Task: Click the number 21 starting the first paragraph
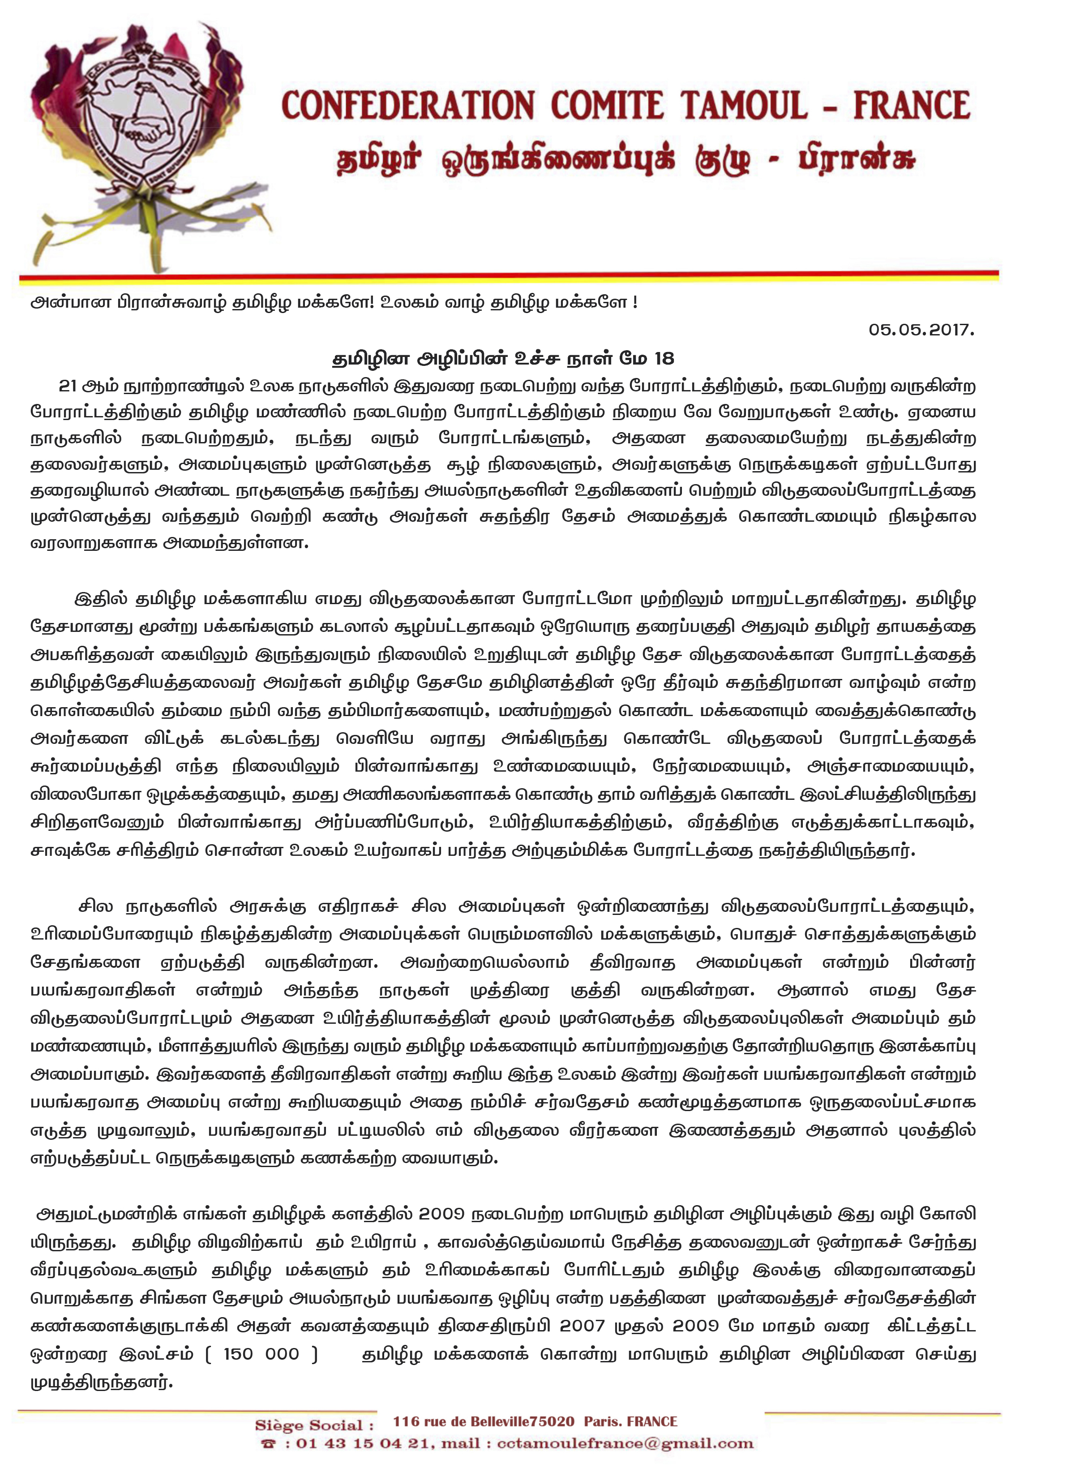tap(68, 386)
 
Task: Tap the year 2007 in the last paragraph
tap(582, 1326)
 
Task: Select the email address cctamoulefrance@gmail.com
tap(625, 1444)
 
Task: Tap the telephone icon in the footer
tap(268, 1444)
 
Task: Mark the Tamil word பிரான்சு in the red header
tap(857, 160)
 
